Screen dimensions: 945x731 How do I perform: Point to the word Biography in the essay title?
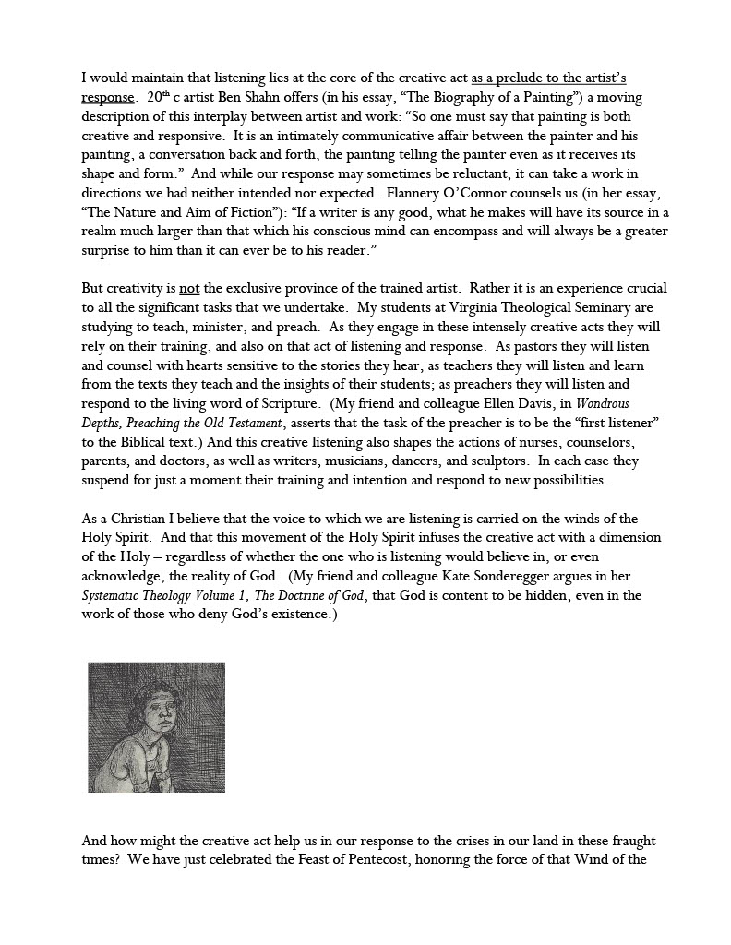pos(467,97)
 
